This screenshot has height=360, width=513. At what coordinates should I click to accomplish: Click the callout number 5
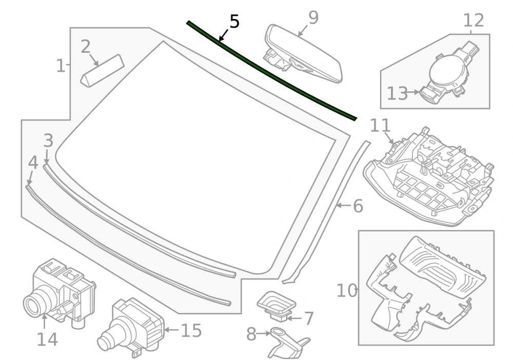(x=234, y=22)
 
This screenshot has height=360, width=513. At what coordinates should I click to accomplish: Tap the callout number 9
(x=313, y=17)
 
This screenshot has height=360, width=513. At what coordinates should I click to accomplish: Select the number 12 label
(x=473, y=21)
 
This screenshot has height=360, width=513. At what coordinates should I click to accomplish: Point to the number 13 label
(x=397, y=93)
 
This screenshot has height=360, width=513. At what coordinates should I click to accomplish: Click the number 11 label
(x=380, y=126)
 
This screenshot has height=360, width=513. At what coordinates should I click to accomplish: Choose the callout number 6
(x=358, y=206)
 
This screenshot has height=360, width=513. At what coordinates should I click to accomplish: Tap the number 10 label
(x=347, y=290)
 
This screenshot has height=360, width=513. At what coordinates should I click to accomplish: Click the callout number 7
(x=309, y=318)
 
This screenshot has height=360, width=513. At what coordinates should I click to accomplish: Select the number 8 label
(x=251, y=334)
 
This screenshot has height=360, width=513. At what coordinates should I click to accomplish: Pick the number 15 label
(x=191, y=330)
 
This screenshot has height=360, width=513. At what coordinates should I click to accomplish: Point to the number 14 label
(x=47, y=339)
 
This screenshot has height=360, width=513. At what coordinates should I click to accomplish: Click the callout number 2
(x=85, y=47)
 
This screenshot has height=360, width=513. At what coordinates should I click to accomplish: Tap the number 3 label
(x=48, y=141)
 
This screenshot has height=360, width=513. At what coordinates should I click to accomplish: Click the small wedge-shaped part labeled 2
(x=103, y=70)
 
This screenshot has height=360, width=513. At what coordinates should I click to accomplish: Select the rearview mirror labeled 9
(x=303, y=54)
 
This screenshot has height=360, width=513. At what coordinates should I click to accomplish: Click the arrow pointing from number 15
(x=171, y=330)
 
